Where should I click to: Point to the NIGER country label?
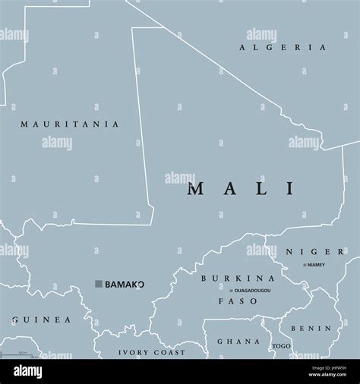[315, 251]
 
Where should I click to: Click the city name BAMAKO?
[125, 284]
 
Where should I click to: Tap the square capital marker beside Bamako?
[98, 284]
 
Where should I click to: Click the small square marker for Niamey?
[304, 265]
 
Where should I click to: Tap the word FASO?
[238, 301]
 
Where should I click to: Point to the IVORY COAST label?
[152, 352]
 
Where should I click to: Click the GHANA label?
[233, 342]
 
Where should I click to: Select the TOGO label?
[281, 346]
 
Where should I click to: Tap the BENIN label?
[315, 329]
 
